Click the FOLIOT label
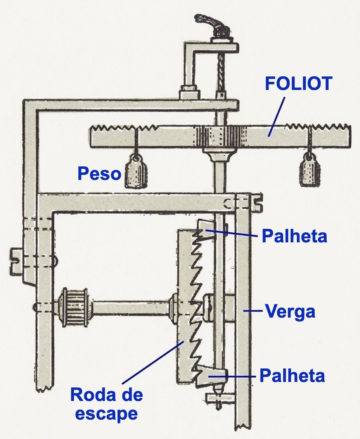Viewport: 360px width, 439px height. click(299, 83)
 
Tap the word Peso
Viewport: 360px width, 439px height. click(99, 174)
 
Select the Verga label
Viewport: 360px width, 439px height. click(290, 312)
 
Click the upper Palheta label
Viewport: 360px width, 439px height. click(294, 236)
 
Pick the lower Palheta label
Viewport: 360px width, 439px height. click(292, 375)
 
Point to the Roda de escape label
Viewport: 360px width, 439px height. click(106, 403)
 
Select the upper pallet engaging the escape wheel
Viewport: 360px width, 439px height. click(206, 228)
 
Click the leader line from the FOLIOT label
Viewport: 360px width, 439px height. click(276, 117)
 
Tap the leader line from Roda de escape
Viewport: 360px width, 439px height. click(153, 362)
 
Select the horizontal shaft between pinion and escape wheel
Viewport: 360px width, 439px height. click(131, 308)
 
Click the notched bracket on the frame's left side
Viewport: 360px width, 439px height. click(17, 260)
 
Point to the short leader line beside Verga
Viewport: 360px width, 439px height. click(253, 311)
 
